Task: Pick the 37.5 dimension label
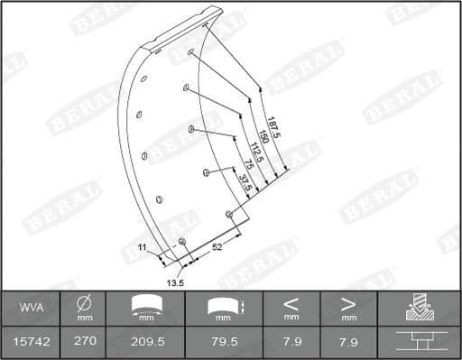click(x=240, y=180)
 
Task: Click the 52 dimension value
click(x=217, y=245)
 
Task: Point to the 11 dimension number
click(x=142, y=246)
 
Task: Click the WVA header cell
click(x=30, y=308)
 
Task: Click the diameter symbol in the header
click(x=84, y=303)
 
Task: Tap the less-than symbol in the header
click(x=291, y=303)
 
